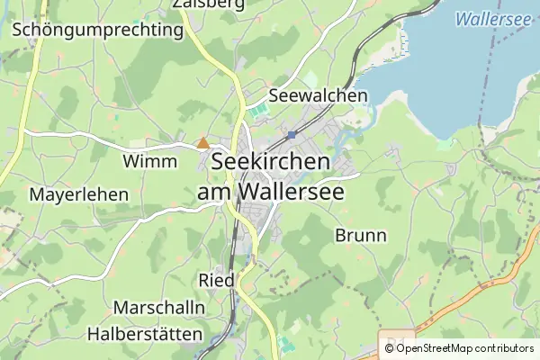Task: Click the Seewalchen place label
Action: pyautogui.click(x=319, y=95)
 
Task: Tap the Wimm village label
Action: pyautogui.click(x=148, y=161)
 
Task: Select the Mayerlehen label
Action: pyautogui.click(x=79, y=194)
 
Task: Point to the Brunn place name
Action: pyautogui.click(x=360, y=236)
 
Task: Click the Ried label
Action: pyautogui.click(x=217, y=280)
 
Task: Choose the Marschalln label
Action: pyautogui.click(x=159, y=307)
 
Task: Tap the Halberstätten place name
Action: pyautogui.click(x=145, y=333)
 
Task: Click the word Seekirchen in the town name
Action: pyautogui.click(x=271, y=163)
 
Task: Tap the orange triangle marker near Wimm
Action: pyautogui.click(x=203, y=142)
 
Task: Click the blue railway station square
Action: pyautogui.click(x=292, y=134)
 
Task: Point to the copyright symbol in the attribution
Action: pyautogui.click(x=389, y=348)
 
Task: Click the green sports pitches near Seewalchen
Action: pyautogui.click(x=258, y=112)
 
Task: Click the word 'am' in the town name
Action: pyautogui.click(x=215, y=192)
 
